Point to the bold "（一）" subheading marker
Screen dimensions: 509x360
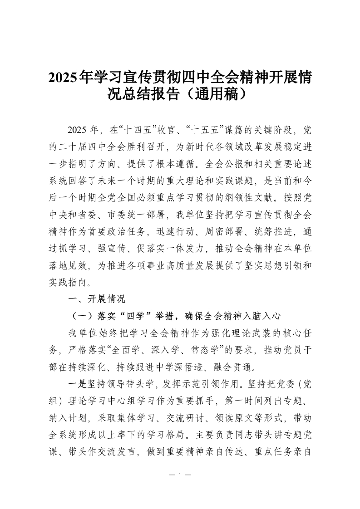(80, 315)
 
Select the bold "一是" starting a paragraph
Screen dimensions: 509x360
(76, 384)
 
